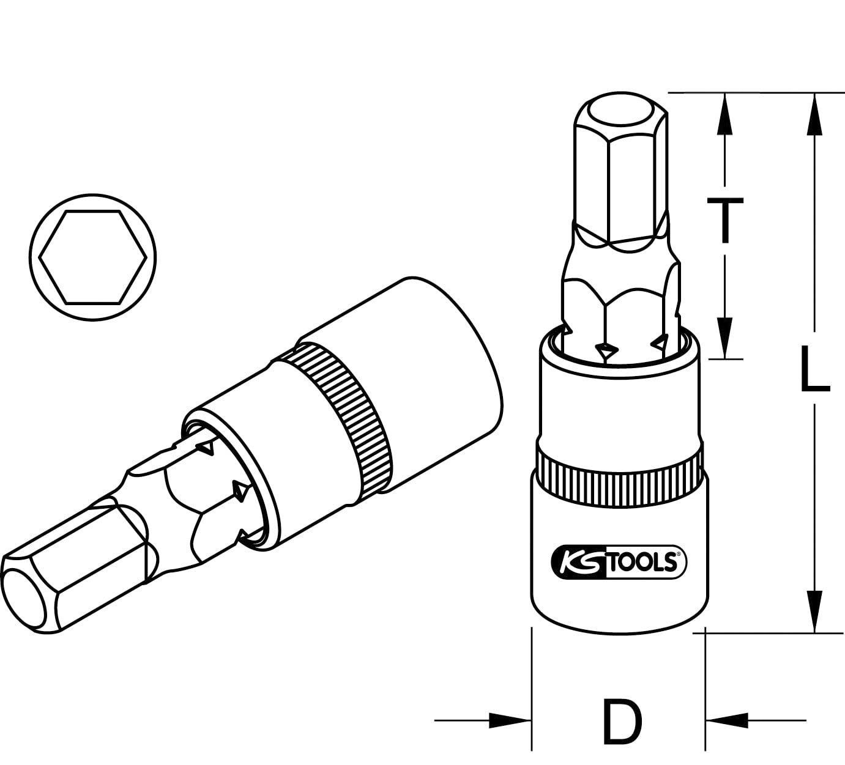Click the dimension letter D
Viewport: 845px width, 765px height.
(622, 720)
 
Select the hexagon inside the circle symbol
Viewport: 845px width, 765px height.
(93, 256)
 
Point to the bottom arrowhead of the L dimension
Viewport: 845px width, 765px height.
(814, 612)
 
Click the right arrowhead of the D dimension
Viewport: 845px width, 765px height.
(728, 720)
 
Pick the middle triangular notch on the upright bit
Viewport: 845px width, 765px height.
(608, 350)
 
